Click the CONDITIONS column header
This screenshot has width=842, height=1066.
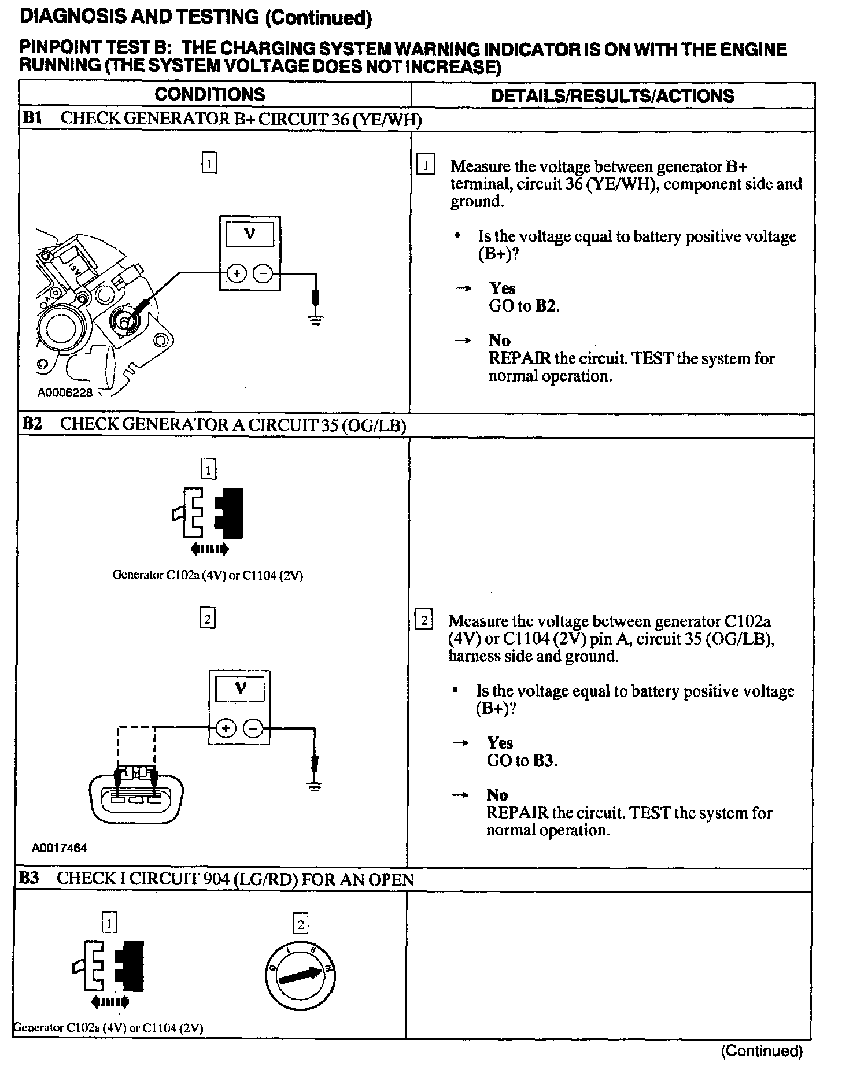[x=209, y=94]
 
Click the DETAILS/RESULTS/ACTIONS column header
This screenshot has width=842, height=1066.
[x=612, y=95]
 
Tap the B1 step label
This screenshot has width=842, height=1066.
[x=32, y=119]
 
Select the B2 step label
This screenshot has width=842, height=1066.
[x=32, y=424]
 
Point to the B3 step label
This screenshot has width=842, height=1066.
[x=29, y=879]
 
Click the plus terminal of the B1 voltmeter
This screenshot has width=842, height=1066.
[x=236, y=273]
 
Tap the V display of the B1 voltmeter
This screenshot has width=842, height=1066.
[x=250, y=234]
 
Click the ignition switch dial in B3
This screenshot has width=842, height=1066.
[x=301, y=978]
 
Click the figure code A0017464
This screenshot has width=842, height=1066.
[x=60, y=848]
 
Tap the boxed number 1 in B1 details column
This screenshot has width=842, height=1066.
[x=426, y=166]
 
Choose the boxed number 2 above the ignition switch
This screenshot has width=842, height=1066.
[x=300, y=924]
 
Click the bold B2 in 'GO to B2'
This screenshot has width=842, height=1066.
[x=546, y=306]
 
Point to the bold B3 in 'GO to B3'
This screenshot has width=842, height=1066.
[x=544, y=760]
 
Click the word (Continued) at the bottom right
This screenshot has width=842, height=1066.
[x=762, y=1050]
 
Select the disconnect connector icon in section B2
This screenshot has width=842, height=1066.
[x=208, y=513]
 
